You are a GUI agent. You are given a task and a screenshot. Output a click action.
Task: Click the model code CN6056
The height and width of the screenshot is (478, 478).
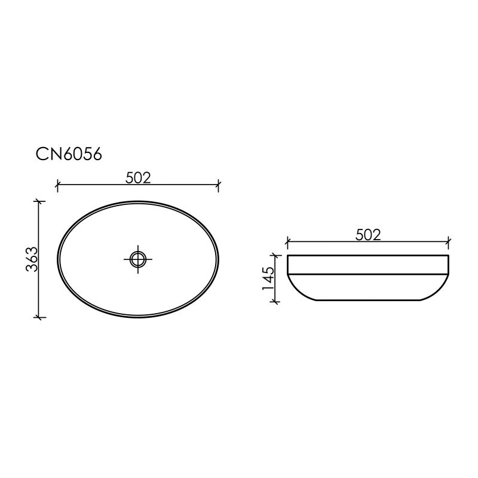[69, 154]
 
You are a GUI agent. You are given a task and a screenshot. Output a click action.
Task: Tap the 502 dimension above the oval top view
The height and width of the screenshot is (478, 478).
[138, 177]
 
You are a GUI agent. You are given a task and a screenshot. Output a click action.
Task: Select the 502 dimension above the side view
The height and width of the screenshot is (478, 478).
[368, 235]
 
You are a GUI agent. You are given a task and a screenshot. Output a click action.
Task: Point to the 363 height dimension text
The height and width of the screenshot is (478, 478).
[32, 259]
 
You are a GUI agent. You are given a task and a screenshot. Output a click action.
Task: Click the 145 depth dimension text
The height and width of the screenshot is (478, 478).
[268, 278]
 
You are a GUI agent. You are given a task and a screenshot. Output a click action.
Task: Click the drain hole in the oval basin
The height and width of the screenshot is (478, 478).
[138, 259]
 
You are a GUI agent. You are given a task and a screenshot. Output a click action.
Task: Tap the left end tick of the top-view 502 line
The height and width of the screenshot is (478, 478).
[57, 185]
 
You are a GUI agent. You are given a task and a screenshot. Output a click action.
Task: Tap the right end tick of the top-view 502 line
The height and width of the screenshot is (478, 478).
[218, 185]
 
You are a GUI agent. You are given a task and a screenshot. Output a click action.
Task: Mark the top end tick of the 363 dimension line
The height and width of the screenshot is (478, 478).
[39, 201]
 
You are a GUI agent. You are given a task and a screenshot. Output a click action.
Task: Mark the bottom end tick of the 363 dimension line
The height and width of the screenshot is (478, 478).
[39, 317]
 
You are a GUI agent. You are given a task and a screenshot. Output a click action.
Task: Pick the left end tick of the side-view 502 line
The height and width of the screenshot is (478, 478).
[287, 243]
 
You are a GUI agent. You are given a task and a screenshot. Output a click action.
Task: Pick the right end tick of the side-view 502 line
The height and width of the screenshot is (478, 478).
[449, 243]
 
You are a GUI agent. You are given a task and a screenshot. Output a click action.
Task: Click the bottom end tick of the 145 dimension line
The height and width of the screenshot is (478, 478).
[275, 301]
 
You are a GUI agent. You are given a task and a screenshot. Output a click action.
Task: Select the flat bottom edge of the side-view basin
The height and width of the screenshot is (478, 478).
[368, 300]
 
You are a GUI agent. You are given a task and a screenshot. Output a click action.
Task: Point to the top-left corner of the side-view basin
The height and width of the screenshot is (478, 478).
[288, 256]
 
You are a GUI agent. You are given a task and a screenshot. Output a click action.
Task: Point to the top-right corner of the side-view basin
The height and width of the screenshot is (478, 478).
[448, 256]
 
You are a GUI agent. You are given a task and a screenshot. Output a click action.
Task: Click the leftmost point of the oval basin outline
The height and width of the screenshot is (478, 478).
[57, 259]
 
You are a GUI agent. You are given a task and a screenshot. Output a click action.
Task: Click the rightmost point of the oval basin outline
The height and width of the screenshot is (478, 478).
[219, 259]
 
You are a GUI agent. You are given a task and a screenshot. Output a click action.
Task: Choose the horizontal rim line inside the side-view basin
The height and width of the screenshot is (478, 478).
[368, 274]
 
